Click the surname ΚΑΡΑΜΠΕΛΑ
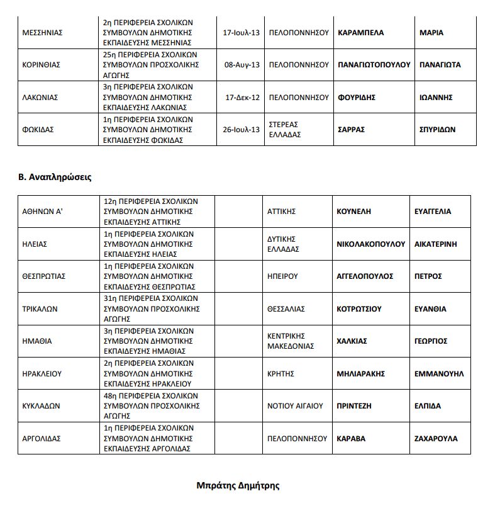point(360,32)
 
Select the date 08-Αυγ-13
point(242,65)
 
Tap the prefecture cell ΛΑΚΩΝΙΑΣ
point(41,98)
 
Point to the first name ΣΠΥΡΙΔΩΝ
point(437,130)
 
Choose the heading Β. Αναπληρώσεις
point(55,177)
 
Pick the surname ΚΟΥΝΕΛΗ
point(354,211)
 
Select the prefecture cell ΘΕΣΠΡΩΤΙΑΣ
point(44,276)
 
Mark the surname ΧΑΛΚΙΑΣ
point(352,341)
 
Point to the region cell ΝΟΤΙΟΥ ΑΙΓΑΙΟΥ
point(296,406)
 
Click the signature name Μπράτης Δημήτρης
point(238,485)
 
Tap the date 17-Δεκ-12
point(242,98)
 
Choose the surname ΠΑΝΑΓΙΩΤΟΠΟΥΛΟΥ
point(374,65)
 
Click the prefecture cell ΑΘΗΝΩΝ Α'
point(42,211)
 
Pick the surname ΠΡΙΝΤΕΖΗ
point(356,406)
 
